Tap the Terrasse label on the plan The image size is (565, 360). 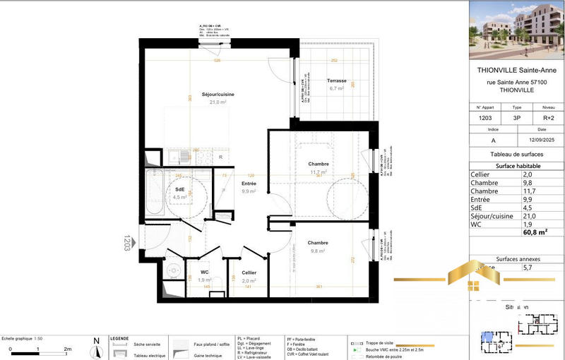pyautogui.click(x=335, y=81)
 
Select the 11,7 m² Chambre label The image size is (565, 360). pyautogui.click(x=319, y=164)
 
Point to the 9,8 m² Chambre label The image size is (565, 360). pyautogui.click(x=317, y=243)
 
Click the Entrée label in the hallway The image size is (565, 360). pyautogui.click(x=248, y=184)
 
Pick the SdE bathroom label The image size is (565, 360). pyautogui.click(x=181, y=190)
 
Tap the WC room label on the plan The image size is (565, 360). pyautogui.click(x=204, y=272)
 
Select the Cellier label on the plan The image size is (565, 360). pyautogui.click(x=249, y=272)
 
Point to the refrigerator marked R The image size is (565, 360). pyautogui.click(x=220, y=157)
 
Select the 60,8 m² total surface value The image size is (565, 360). pyautogui.click(x=534, y=231)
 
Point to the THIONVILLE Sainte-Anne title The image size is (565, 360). pyautogui.click(x=517, y=71)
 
